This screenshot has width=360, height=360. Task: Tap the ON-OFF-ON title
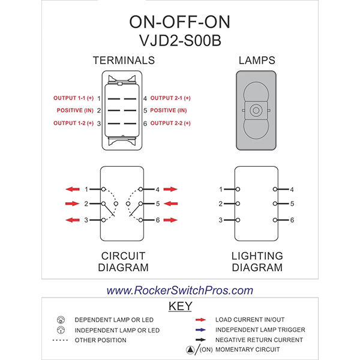click(179, 21)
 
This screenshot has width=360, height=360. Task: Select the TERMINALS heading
click(124, 61)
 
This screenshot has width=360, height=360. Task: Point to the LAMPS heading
click(257, 61)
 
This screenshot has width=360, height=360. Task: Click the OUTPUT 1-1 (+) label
click(73, 98)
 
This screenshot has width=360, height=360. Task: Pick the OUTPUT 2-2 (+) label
click(170, 123)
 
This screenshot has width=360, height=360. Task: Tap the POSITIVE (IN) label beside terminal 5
click(169, 110)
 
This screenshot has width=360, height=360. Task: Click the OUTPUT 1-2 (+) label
click(73, 123)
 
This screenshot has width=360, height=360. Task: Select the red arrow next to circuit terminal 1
click(73, 189)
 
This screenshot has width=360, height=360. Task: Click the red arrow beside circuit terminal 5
click(170, 204)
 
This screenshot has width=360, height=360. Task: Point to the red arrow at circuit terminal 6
click(170, 220)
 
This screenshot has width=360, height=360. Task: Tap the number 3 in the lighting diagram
click(221, 220)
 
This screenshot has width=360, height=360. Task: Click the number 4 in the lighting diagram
click(292, 190)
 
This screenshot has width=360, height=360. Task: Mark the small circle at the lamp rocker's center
click(256, 111)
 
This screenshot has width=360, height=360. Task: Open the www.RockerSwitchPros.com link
click(180, 290)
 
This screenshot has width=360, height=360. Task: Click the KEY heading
click(180, 306)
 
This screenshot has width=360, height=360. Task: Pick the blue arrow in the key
click(200, 329)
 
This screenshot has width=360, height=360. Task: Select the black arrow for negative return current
click(200, 340)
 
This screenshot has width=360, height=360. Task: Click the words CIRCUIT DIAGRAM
click(124, 262)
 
